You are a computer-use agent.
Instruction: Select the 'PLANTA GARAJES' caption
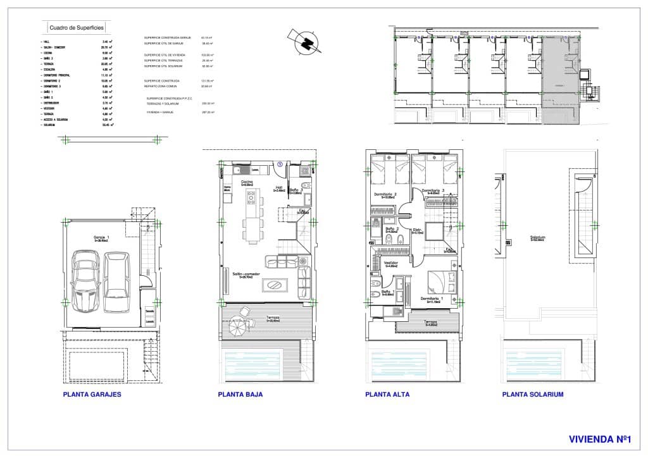coord(92,394)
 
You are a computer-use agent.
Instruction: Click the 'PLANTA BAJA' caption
coord(240,394)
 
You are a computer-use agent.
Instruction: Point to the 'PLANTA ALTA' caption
coord(387,394)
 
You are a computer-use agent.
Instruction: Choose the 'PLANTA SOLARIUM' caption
coord(532,394)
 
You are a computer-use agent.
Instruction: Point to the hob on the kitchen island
coord(251,201)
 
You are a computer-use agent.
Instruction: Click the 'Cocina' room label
coord(247,182)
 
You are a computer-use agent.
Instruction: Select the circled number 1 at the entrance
coord(278,164)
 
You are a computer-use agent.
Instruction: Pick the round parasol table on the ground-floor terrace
coord(240,324)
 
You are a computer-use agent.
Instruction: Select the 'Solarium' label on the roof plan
coord(539,238)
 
